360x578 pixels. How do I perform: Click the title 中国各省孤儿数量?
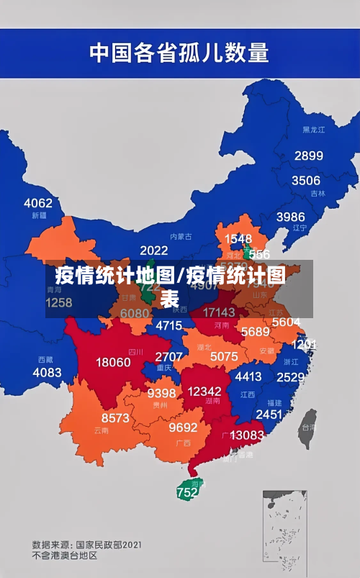tap(179, 52)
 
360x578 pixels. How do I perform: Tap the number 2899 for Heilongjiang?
tap(308, 155)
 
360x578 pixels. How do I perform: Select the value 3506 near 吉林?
tap(305, 180)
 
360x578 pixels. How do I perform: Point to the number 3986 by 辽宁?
tap(291, 216)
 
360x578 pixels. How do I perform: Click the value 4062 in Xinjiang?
tap(38, 202)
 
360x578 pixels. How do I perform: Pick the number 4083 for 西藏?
tap(48, 372)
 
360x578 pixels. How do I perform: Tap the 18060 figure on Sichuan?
tap(114, 362)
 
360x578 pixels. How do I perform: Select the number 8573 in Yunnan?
tap(115, 417)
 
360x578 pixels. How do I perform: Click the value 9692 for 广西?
tap(183, 427)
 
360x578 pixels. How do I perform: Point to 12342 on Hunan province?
tap(205, 390)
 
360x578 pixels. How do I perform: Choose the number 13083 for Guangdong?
tap(247, 435)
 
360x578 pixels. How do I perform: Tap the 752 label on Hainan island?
tap(187, 493)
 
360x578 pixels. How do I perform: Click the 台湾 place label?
tap(307, 426)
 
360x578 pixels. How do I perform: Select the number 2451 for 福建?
tap(269, 414)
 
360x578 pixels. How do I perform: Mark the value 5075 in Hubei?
tap(224, 356)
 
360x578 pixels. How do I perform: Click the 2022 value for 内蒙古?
tap(153, 250)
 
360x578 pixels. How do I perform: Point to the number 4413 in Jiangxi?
tap(248, 376)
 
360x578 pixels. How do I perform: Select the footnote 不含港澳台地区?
tap(65, 556)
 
